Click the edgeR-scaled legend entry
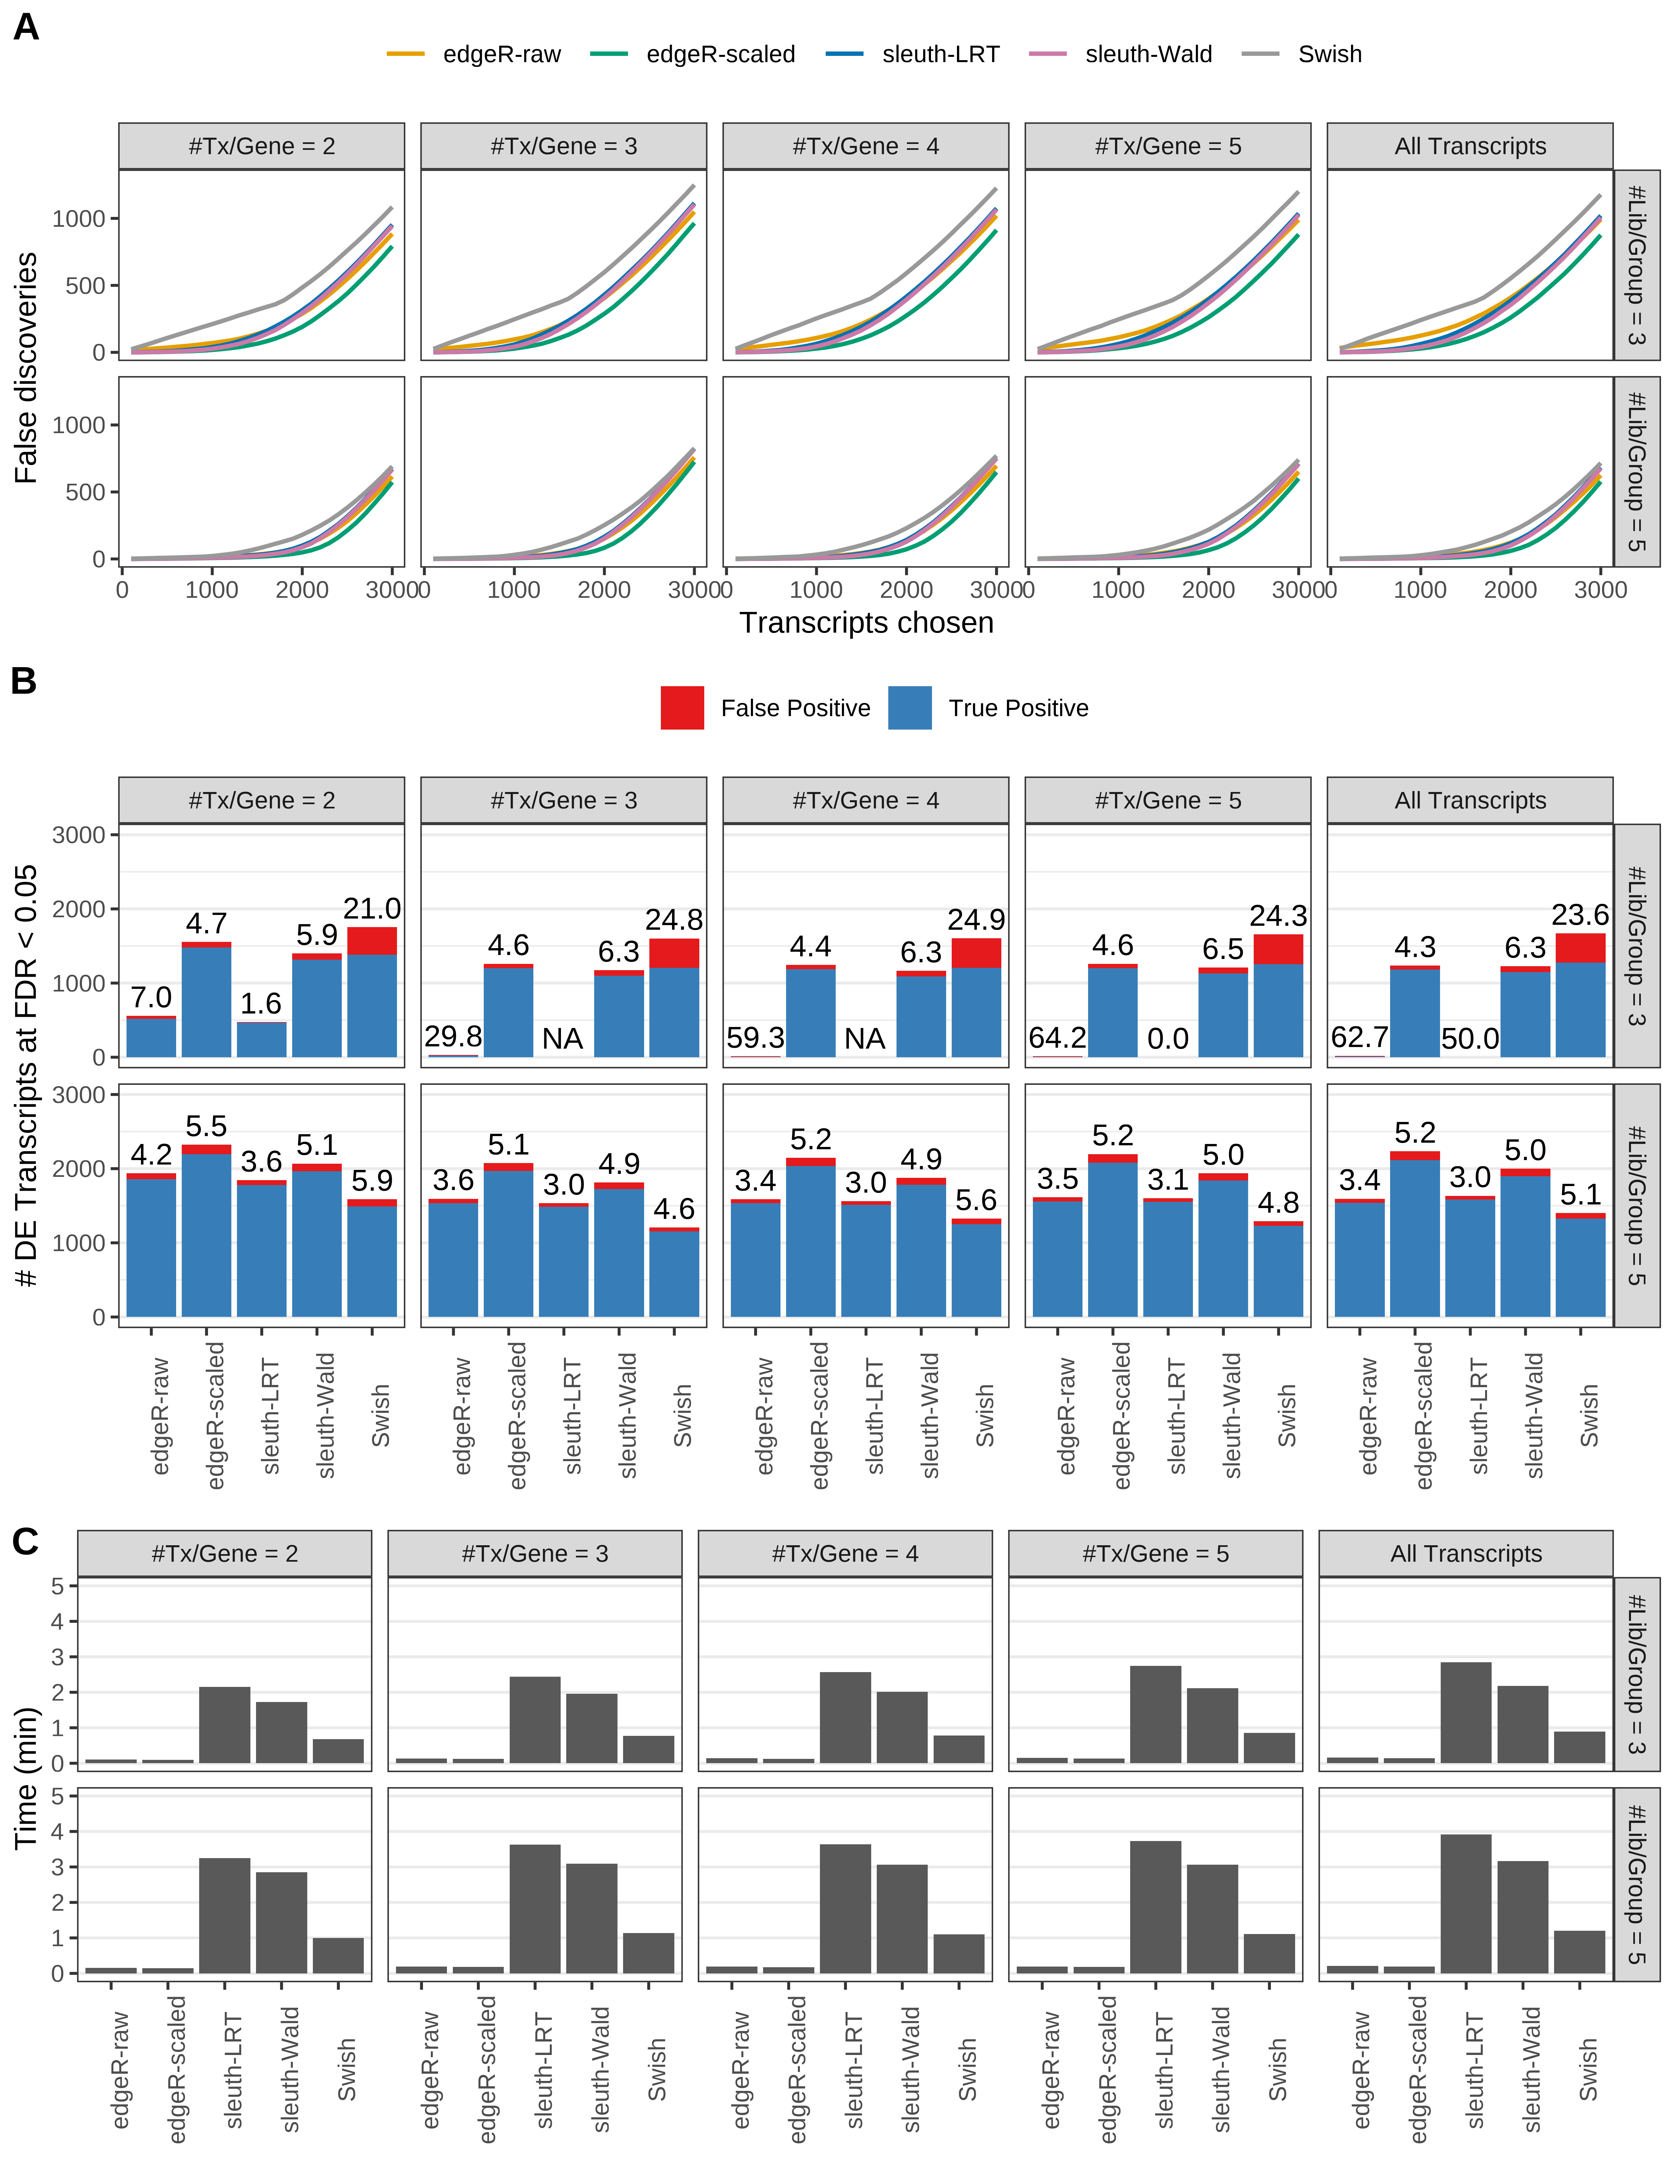pyautogui.click(x=720, y=55)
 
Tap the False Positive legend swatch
pyautogui.click(x=682, y=708)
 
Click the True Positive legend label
pyautogui.click(x=1018, y=708)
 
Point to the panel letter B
pyautogui.click(x=24, y=681)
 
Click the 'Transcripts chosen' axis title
pyautogui.click(x=866, y=623)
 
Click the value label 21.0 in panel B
pyautogui.click(x=372, y=909)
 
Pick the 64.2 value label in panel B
pyautogui.click(x=1058, y=1038)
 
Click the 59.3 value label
pyautogui.click(x=756, y=1038)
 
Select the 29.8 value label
pyautogui.click(x=453, y=1037)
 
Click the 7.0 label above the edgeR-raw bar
pyautogui.click(x=151, y=997)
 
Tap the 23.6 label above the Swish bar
pyautogui.click(x=1580, y=915)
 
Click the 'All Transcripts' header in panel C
pyautogui.click(x=1465, y=1554)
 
